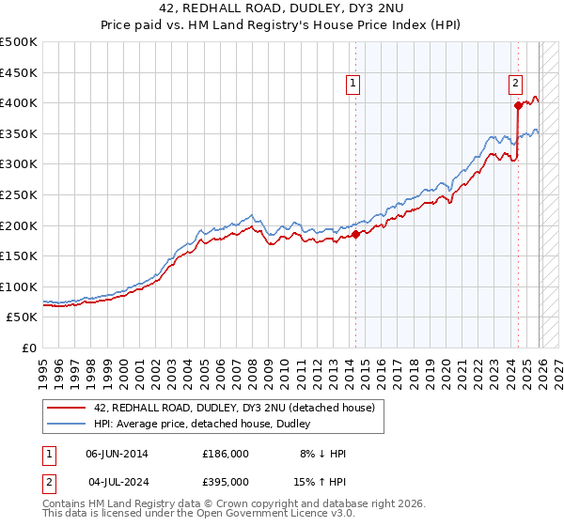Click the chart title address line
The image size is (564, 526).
[282, 8]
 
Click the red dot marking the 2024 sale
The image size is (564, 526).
[518, 105]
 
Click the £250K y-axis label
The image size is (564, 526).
[20, 194]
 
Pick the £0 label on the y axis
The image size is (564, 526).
[29, 348]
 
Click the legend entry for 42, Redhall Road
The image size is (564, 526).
[234, 408]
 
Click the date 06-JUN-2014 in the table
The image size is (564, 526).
[117, 454]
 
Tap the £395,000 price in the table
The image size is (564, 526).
[225, 484]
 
